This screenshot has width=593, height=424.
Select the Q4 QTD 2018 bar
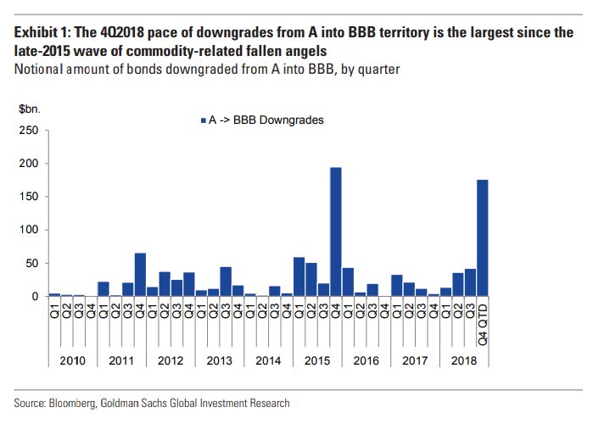pos(483,237)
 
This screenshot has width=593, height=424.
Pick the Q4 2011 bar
pos(140,275)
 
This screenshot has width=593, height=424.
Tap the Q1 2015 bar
pos(299,276)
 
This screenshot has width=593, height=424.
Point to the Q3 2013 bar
pos(226,282)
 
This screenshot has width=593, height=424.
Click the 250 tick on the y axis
pos(29,130)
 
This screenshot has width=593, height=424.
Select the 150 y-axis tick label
pos(29,197)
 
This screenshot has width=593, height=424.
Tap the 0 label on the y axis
pos(35,297)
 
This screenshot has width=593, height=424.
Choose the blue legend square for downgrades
pos(201,120)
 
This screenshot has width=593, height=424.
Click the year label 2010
pos(72,360)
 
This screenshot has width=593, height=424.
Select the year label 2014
pos(268,360)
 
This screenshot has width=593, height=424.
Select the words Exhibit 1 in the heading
pos(43,33)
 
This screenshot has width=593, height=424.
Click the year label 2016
pos(366,360)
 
